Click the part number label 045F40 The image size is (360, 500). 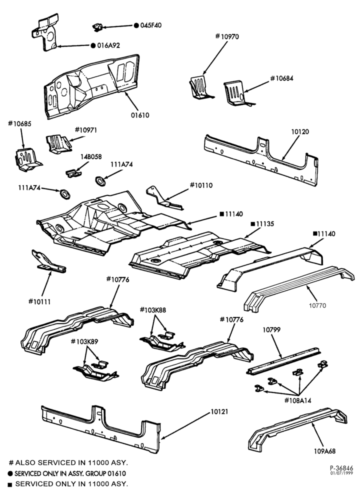(150, 25)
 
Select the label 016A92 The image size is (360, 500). (108, 45)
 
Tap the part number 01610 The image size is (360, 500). (140, 115)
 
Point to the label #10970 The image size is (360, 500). (227, 36)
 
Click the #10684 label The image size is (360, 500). (282, 78)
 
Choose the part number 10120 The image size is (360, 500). (300, 131)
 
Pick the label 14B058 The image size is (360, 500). (91, 156)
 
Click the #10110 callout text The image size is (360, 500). (201, 185)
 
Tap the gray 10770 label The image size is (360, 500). (317, 305)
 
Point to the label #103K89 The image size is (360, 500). (84, 341)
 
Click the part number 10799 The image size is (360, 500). (271, 329)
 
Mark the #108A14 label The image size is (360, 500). (297, 400)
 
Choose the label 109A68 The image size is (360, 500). (324, 451)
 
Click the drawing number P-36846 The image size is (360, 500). (341, 468)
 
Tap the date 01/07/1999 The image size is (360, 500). (341, 473)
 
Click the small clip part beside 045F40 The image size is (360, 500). (97, 27)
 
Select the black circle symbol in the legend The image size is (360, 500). (11, 474)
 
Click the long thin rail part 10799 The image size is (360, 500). (283, 360)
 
